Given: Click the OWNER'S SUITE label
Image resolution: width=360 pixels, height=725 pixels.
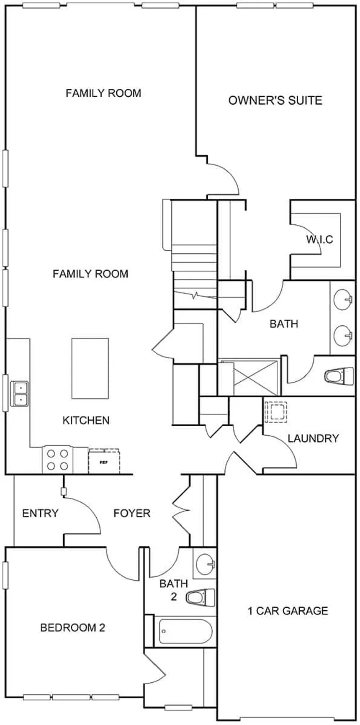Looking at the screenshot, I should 275,100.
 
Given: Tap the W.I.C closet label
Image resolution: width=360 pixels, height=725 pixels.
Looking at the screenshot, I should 319,239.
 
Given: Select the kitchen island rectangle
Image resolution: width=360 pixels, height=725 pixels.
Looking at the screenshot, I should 90,368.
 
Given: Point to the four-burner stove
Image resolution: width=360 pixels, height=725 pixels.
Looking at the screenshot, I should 58,460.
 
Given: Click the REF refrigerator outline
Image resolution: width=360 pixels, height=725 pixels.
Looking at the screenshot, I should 104,462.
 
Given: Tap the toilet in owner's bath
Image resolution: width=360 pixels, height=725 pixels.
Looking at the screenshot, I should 339,375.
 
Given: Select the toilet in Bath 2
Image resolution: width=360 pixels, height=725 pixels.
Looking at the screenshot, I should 201,597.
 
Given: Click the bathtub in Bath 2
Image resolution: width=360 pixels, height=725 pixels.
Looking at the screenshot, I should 185,632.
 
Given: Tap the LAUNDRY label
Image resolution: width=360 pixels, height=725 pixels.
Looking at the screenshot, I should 313,439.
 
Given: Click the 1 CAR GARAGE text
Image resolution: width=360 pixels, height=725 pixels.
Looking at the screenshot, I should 288,611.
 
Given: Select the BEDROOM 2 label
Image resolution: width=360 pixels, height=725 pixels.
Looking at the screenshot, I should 72,627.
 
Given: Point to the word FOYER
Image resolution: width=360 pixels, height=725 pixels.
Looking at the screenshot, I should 132,513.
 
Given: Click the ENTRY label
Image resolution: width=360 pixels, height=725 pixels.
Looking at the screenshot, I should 40,513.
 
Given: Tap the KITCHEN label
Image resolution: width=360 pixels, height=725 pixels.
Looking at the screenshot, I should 86,420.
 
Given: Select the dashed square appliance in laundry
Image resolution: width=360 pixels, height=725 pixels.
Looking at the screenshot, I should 275,411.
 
